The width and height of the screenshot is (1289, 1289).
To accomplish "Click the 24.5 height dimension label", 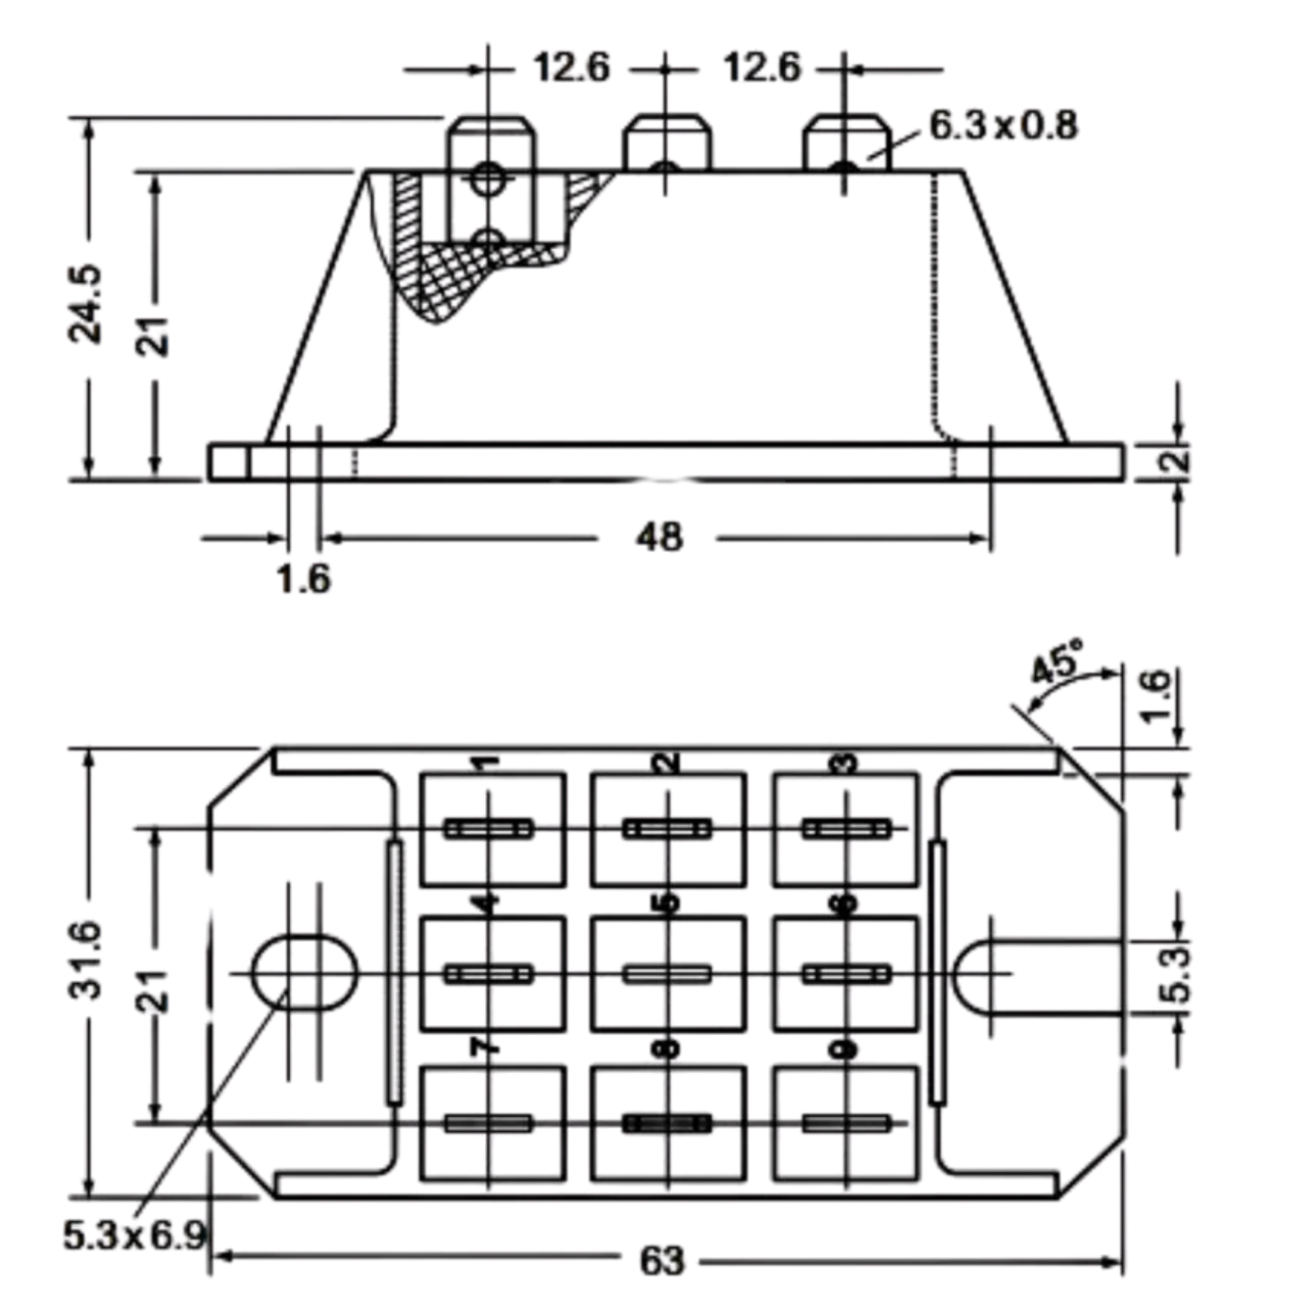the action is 86,304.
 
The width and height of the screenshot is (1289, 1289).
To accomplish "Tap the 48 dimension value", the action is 659,537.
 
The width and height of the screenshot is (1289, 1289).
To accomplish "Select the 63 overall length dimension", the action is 662,1261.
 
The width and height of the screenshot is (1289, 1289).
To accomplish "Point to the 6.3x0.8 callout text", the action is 1004,125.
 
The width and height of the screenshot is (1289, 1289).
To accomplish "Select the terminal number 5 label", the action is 666,904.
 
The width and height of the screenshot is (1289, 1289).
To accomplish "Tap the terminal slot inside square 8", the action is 666,1123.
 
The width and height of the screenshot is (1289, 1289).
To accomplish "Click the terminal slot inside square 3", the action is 847,830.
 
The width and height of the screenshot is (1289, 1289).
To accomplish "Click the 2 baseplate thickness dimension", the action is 1181,460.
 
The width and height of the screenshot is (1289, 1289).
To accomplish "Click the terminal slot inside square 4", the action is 489,975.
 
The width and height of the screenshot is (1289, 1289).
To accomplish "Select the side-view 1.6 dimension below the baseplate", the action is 304,579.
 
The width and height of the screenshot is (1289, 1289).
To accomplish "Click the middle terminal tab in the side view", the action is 666,144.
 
